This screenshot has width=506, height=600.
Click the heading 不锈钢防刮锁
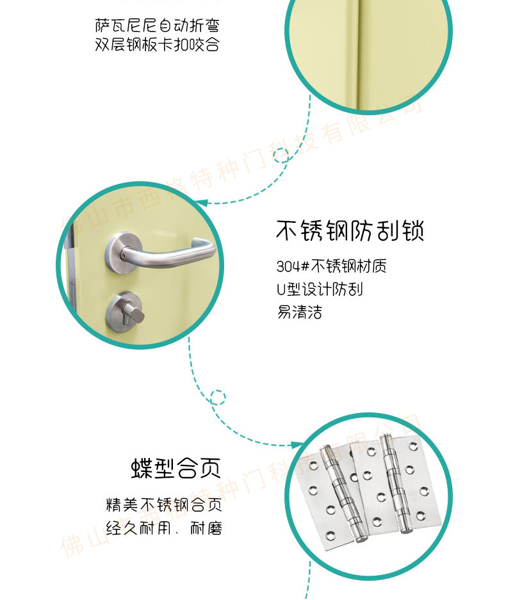(350, 231)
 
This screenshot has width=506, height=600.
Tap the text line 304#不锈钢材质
(332, 266)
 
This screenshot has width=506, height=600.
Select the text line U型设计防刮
(320, 289)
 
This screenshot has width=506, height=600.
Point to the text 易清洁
(299, 312)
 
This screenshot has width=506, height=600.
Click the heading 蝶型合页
(176, 467)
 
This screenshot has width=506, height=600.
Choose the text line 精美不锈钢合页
(164, 505)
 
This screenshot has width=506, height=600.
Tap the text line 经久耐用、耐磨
(164, 528)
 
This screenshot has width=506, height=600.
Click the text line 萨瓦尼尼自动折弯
(158, 26)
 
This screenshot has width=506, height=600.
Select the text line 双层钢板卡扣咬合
(158, 44)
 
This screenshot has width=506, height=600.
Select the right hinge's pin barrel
(396, 483)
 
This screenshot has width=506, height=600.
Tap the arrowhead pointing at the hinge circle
(297, 445)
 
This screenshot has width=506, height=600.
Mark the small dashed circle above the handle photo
(282, 156)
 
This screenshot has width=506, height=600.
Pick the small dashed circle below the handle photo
(218, 398)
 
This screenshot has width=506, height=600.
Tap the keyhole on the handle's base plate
(123, 255)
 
